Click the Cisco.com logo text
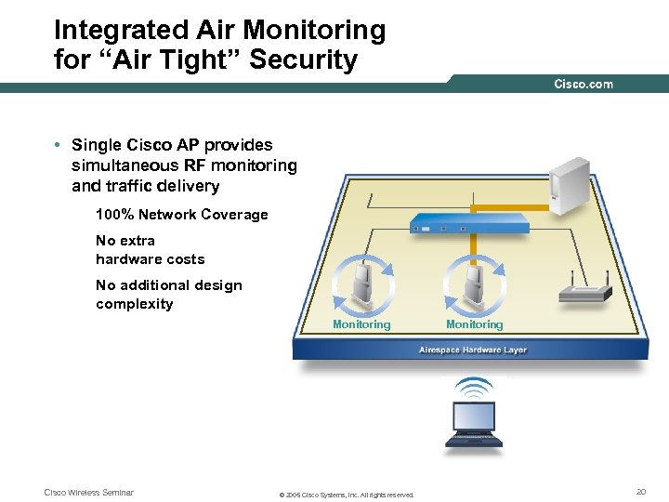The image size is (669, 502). coord(584,84)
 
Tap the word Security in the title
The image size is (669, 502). coord(310,61)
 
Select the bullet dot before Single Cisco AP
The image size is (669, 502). coord(58,145)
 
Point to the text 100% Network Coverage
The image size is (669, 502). coord(181,215)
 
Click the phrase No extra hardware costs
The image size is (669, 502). coord(150,250)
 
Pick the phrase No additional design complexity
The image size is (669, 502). coord(168,295)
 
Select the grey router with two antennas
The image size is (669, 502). coord(584,289)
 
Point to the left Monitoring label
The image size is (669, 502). coord(361,324)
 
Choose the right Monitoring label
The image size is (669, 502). coord(474,324)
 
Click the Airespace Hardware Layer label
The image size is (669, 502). coord(473,350)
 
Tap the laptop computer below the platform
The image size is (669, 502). coord(473,424)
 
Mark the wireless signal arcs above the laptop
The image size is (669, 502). coord(474,386)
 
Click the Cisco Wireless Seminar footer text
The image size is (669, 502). coord(89,493)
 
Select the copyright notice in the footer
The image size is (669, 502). coord(347,495)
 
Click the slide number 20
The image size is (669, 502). coord(640,491)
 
